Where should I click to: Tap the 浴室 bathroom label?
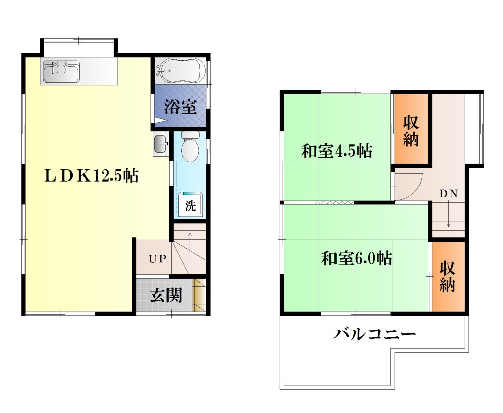180,107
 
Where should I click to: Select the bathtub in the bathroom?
181,71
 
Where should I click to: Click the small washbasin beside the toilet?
161,143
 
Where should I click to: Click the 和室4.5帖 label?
337,151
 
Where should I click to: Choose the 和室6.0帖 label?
357,258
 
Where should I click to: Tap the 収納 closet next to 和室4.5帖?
411,130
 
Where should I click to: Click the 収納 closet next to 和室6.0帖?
447,276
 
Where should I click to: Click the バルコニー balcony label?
375,334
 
